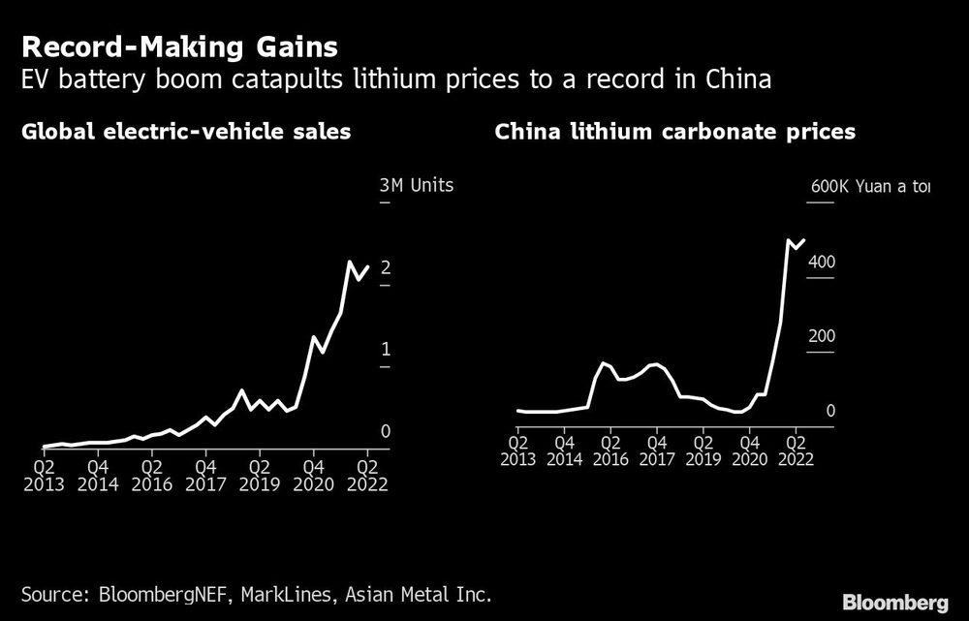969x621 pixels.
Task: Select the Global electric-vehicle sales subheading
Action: click(185, 132)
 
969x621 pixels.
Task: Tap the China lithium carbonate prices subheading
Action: click(674, 132)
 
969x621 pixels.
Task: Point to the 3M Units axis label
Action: click(416, 185)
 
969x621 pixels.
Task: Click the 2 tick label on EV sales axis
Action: click(386, 267)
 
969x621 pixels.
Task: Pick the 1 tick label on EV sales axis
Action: click(386, 349)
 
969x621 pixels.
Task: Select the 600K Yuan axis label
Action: click(868, 186)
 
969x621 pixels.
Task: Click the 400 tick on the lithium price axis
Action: click(822, 263)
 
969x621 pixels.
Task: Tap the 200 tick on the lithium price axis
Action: click(822, 336)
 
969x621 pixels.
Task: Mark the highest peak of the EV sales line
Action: click(349, 262)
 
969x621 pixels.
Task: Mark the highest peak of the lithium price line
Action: click(788, 239)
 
